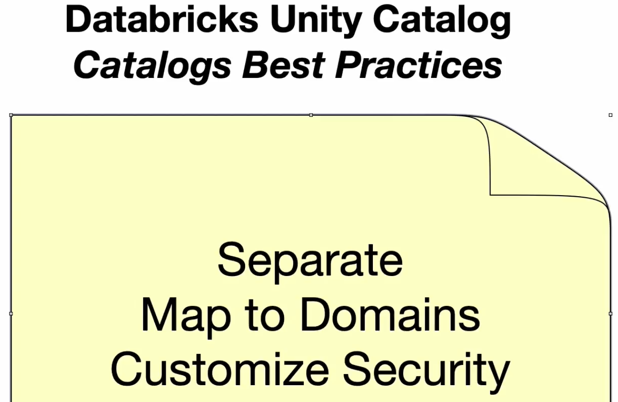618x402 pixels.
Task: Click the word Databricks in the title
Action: point(162,19)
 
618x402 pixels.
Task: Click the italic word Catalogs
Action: point(152,67)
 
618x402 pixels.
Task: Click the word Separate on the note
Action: point(310,263)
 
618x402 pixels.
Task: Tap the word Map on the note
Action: point(186,318)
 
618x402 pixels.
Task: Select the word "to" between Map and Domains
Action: point(265,315)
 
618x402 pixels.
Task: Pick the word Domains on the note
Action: point(390,314)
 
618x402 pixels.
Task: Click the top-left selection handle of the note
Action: point(11,115)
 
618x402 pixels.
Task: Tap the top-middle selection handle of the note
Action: point(311,115)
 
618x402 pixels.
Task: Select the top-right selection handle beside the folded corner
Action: point(610,115)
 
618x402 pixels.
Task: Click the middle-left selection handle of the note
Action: point(11,314)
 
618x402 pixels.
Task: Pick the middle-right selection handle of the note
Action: point(610,314)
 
